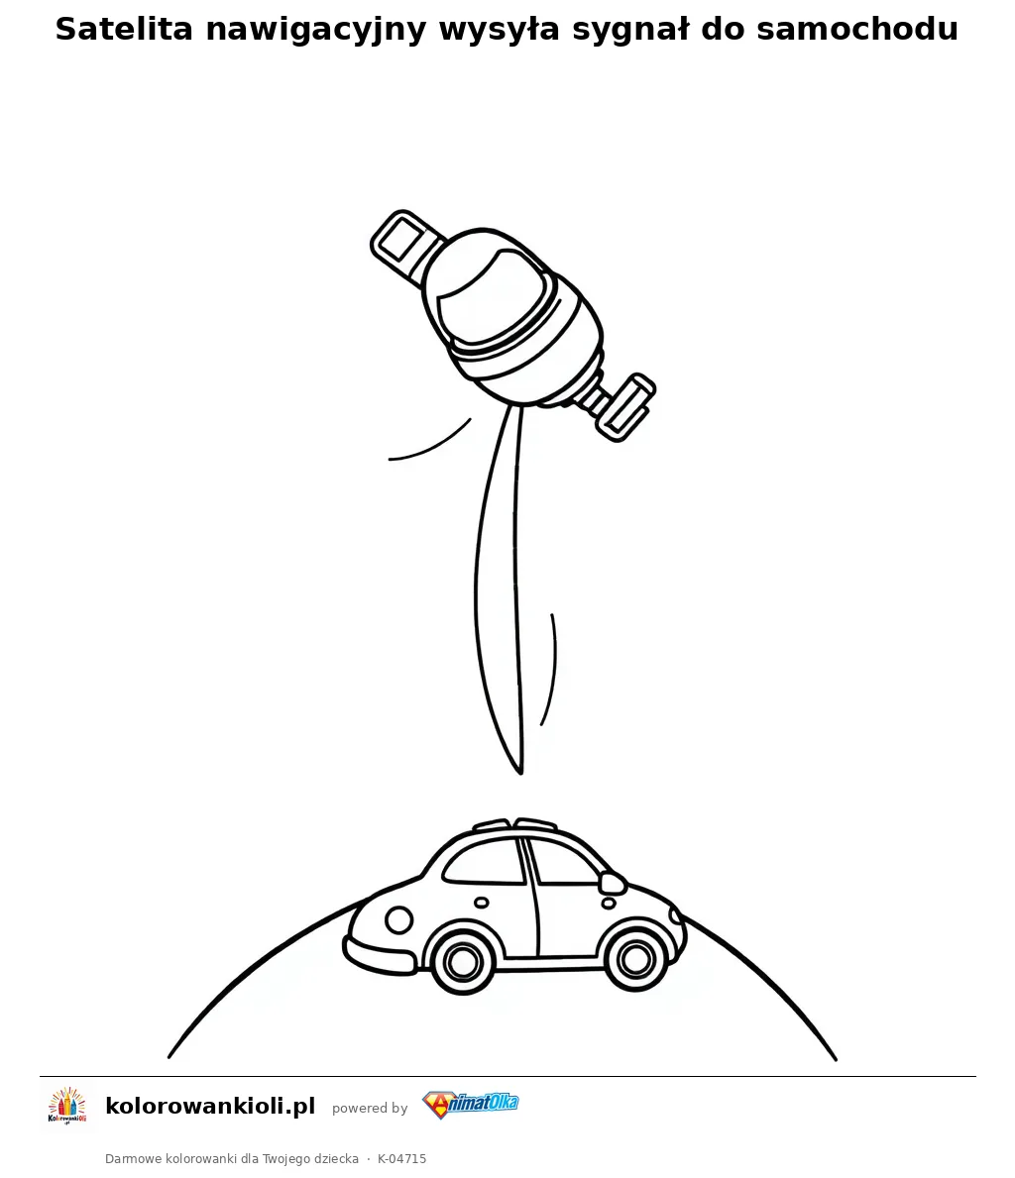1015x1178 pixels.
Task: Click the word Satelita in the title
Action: click(x=125, y=30)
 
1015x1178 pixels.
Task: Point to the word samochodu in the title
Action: click(x=857, y=30)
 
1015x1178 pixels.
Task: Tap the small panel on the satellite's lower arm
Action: click(x=626, y=407)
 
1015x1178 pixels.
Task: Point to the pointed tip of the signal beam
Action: click(x=520, y=773)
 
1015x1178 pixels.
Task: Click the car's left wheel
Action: click(x=462, y=960)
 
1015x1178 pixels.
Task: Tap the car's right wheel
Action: click(x=636, y=959)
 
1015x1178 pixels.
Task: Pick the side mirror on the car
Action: click(x=612, y=882)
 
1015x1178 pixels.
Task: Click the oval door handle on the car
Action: click(x=481, y=903)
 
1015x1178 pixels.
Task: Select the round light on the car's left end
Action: click(x=398, y=919)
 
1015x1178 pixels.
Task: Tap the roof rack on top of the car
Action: click(x=515, y=825)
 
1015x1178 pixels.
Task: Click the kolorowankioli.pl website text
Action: click(x=210, y=1106)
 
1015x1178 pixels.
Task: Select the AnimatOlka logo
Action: click(x=470, y=1105)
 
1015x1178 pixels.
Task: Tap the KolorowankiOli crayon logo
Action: click(x=67, y=1106)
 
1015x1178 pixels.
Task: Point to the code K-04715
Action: click(x=401, y=1158)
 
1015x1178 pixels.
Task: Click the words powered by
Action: click(x=370, y=1108)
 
